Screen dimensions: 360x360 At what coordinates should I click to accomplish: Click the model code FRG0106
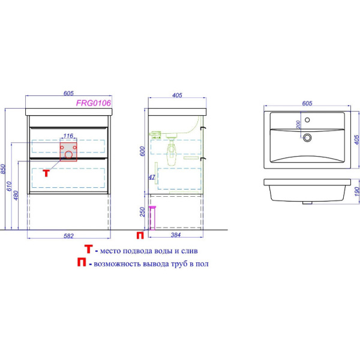click(94, 103)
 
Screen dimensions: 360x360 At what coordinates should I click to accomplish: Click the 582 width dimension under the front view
click(68, 236)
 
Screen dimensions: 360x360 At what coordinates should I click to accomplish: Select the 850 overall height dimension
click(3, 169)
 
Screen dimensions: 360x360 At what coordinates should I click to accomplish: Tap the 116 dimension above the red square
click(68, 136)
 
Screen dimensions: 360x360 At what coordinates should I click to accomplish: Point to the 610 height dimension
click(9, 186)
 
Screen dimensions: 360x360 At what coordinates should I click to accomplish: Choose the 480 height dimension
click(16, 196)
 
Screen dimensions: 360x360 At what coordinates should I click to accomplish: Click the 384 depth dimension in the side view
click(176, 235)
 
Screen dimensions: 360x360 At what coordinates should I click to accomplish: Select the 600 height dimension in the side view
click(142, 151)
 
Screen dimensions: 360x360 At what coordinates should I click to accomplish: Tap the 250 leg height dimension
click(142, 212)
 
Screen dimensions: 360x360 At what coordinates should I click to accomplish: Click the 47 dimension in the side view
click(152, 177)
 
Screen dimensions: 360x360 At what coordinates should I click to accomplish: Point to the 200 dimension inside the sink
click(298, 124)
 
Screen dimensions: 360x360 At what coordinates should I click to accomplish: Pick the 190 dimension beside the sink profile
click(356, 191)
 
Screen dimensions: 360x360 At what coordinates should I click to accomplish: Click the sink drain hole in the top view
click(307, 137)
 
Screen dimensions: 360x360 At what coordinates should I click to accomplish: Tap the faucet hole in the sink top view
click(307, 119)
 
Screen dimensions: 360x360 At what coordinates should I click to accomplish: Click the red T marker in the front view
click(47, 173)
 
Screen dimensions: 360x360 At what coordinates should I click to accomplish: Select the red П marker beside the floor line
click(140, 235)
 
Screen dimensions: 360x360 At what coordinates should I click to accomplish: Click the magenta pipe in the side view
click(152, 218)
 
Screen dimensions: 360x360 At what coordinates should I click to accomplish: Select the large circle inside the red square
click(68, 155)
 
